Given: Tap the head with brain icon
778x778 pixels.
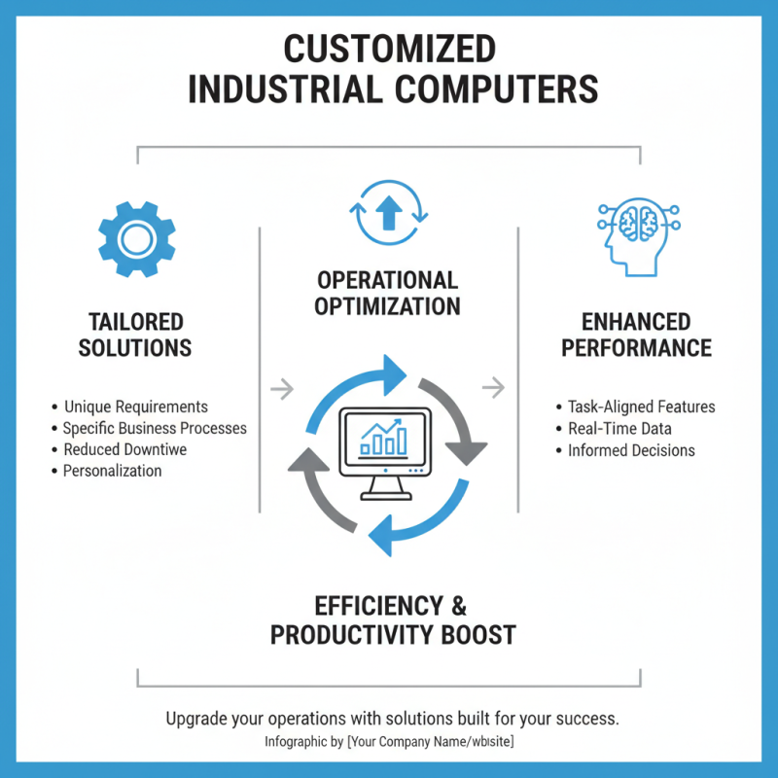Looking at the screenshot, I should [634, 236].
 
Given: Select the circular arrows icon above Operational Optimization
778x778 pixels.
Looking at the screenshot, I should [388, 212].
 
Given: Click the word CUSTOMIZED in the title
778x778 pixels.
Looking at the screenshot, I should [389, 49].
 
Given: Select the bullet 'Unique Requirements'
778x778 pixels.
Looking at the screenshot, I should [135, 407].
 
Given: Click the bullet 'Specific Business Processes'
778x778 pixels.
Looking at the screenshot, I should [155, 428].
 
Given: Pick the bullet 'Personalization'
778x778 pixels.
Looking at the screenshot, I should [112, 471].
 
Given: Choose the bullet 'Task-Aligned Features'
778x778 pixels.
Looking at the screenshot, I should [641, 407].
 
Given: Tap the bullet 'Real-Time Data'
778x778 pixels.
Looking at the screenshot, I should [619, 428].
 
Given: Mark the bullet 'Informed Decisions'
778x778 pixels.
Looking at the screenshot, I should [631, 450].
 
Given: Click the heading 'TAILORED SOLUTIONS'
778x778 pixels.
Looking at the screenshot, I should [136, 335].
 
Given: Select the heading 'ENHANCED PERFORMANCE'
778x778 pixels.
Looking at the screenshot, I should [636, 335].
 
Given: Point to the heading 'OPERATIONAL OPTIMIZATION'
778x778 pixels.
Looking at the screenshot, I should [388, 293].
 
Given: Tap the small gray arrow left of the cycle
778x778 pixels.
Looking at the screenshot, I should [281, 389].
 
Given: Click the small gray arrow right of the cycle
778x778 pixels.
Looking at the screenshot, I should [494, 389].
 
